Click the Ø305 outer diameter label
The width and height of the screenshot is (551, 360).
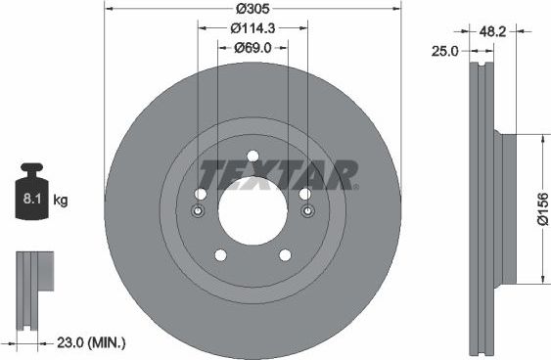pos(252,10)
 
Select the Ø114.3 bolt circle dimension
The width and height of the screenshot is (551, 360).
pos(252,28)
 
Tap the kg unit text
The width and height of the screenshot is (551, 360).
pos(61,201)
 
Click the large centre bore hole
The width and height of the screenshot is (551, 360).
pos(253,212)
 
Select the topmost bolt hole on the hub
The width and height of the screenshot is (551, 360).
pos(253,157)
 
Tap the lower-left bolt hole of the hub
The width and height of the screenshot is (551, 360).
pos(220,255)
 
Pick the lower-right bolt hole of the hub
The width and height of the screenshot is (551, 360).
pos(285,255)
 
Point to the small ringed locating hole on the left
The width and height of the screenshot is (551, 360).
pos(198,212)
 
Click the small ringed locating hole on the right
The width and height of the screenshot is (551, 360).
pos(307,212)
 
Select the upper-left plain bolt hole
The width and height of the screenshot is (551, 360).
pos(204,194)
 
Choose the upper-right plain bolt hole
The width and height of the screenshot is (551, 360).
pos(303,194)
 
